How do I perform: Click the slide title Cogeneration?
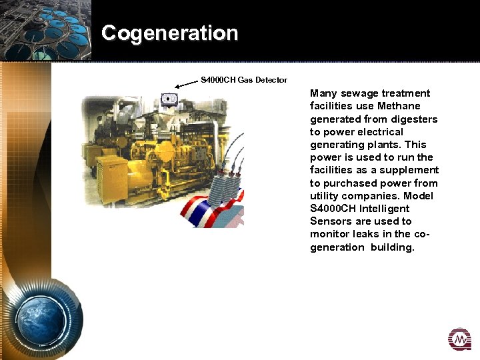pyautogui.click(x=169, y=33)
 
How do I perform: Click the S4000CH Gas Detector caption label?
pyautogui.click(x=244, y=80)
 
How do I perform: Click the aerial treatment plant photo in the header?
pyautogui.click(x=45, y=30)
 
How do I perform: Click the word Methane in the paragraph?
pyautogui.click(x=399, y=106)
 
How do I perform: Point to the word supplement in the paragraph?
pyautogui.click(x=410, y=170)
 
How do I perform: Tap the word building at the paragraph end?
pyautogui.click(x=393, y=247)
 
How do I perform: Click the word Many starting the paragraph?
pyautogui.click(x=323, y=93)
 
